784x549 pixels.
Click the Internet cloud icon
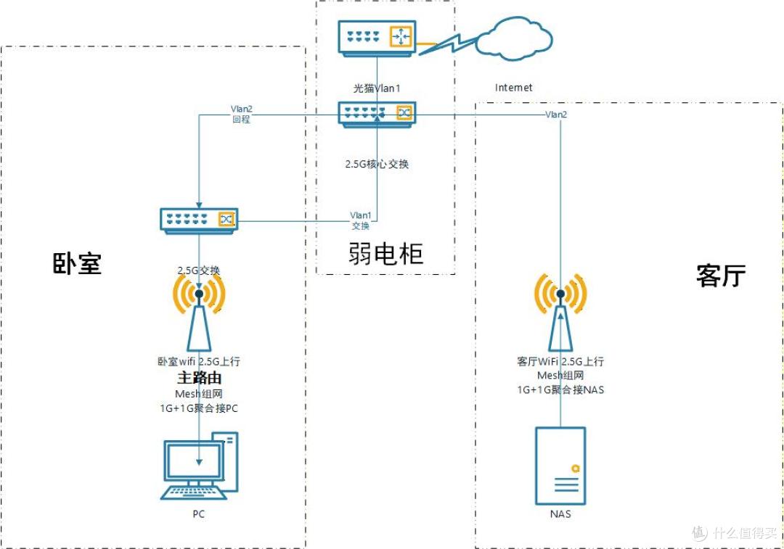click(514, 39)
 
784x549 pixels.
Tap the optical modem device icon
click(377, 38)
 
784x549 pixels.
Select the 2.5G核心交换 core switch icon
click(377, 115)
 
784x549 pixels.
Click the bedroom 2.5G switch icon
click(199, 220)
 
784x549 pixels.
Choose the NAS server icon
click(560, 466)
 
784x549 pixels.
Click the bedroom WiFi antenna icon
click(199, 313)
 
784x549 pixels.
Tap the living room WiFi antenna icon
click(560, 313)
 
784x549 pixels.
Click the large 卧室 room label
click(78, 263)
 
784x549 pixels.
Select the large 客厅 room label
click(721, 276)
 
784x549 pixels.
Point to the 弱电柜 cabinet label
click(385, 253)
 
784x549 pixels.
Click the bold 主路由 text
click(199, 377)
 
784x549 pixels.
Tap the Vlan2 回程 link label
click(242, 114)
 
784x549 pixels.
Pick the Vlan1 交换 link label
click(361, 220)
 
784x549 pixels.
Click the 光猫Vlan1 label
click(377, 88)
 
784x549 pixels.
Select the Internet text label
click(513, 88)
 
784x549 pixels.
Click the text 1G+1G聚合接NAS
click(560, 389)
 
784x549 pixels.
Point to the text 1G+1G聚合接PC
click(199, 408)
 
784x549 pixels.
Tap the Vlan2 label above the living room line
click(556, 115)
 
